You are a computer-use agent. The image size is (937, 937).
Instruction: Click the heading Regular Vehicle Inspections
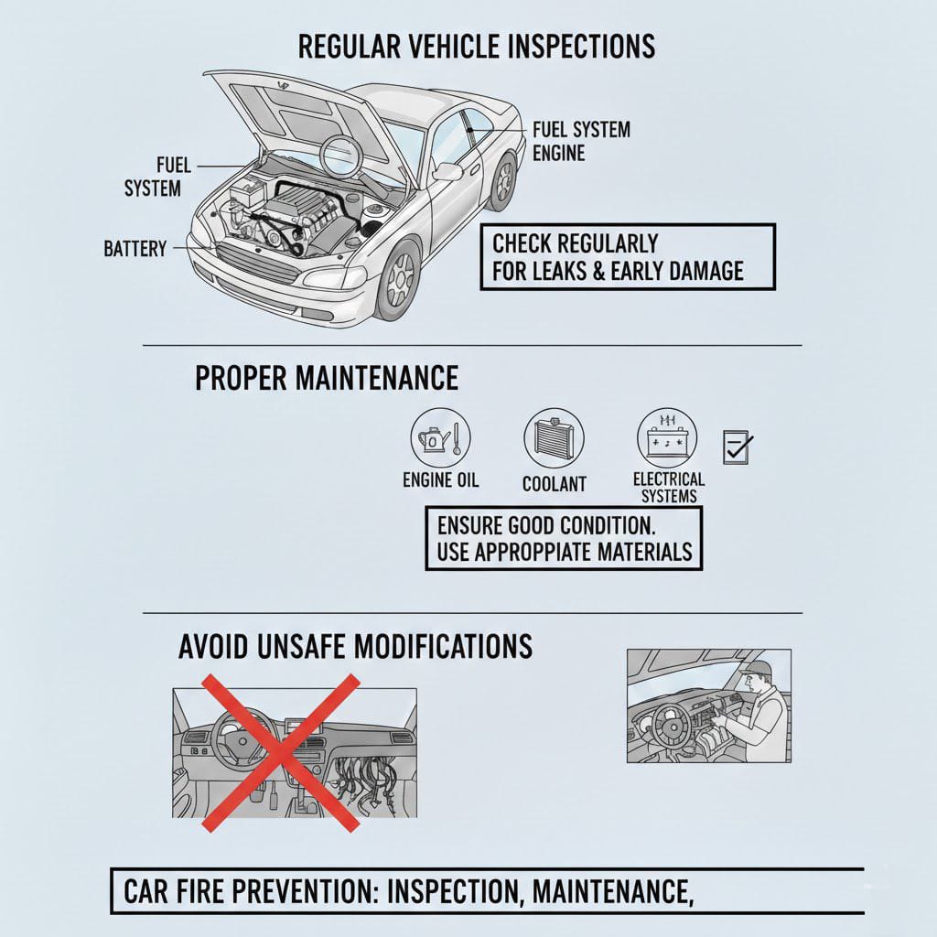pyautogui.click(x=476, y=47)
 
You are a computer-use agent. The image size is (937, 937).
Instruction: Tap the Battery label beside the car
pyautogui.click(x=135, y=249)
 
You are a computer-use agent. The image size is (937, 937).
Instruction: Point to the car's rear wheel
pyautogui.click(x=503, y=179)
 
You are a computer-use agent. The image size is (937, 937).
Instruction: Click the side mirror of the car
pyautogui.click(x=448, y=171)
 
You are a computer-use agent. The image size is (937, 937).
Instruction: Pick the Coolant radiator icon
pyautogui.click(x=554, y=438)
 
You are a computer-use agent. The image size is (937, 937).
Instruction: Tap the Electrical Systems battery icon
pyautogui.click(x=667, y=438)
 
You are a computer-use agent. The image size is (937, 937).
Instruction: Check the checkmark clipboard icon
pyautogui.click(x=738, y=447)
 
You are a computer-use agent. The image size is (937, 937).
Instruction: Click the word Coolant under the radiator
pyautogui.click(x=555, y=484)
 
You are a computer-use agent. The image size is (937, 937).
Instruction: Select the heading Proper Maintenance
pyautogui.click(x=327, y=378)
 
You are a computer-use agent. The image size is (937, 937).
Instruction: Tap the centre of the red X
pyautogui.click(x=281, y=753)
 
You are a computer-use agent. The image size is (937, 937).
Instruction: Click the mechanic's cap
pyautogui.click(x=755, y=668)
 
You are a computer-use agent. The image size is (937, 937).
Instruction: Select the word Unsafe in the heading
pyautogui.click(x=302, y=647)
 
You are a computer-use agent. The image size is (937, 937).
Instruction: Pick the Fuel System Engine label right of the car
pyautogui.click(x=581, y=142)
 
